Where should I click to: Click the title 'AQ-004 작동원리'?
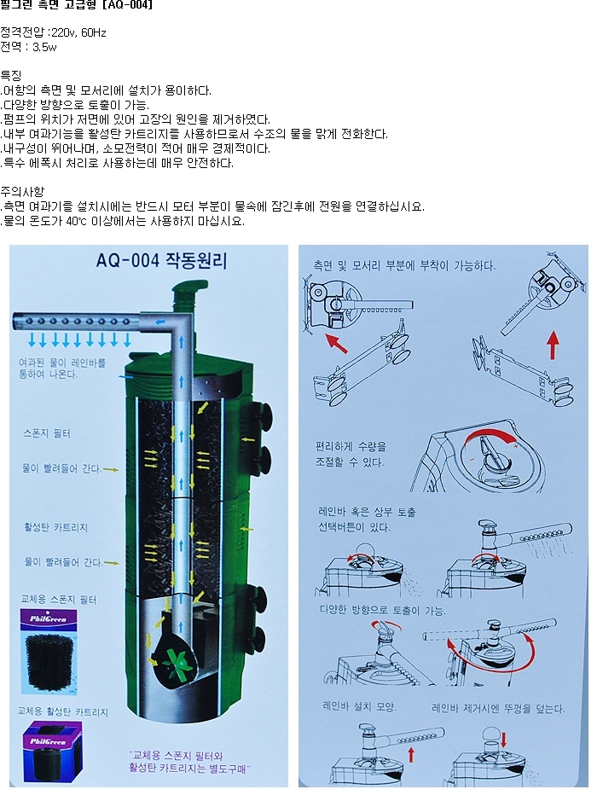click(161, 260)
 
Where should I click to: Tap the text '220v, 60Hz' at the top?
click(78, 32)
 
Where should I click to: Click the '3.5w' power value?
click(44, 47)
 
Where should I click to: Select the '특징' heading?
click(11, 76)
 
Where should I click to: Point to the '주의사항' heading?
click(22, 192)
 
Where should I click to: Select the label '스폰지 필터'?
click(46, 433)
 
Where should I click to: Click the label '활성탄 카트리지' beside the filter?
click(55, 527)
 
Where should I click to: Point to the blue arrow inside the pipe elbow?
click(160, 322)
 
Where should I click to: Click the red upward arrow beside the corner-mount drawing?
click(552, 345)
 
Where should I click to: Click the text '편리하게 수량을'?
click(351, 447)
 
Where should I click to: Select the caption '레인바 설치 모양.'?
click(359, 706)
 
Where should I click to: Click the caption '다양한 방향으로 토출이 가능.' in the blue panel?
click(382, 610)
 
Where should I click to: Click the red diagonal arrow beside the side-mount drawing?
click(336, 343)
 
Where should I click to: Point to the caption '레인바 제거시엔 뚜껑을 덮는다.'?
click(498, 709)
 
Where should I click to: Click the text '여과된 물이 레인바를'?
click(62, 363)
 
